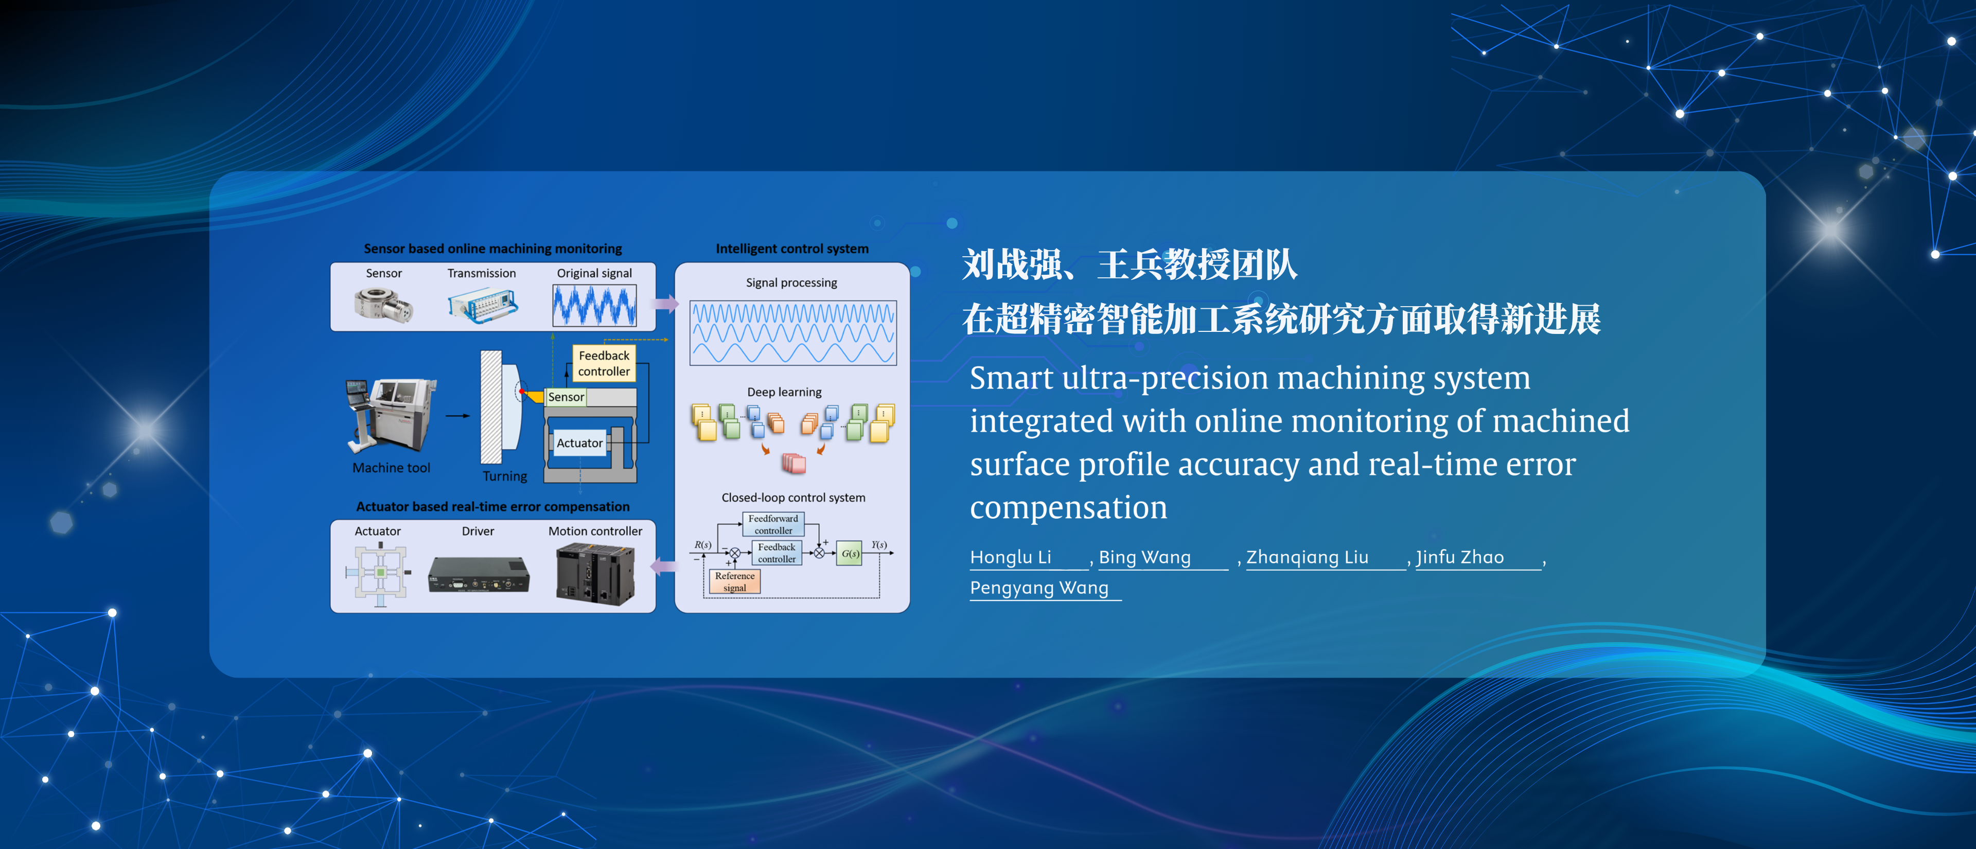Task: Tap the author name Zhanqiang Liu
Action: pyautogui.click(x=1307, y=558)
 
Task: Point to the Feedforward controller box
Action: pyautogui.click(x=773, y=525)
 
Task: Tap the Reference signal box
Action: pyautogui.click(x=734, y=581)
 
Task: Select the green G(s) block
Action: pyautogui.click(x=849, y=553)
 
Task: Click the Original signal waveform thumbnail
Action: pyautogui.click(x=594, y=305)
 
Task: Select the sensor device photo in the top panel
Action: pyautogui.click(x=383, y=305)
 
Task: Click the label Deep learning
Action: pyautogui.click(x=784, y=392)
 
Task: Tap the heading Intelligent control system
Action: pyautogui.click(x=791, y=249)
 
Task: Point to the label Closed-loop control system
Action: pyautogui.click(x=793, y=498)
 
